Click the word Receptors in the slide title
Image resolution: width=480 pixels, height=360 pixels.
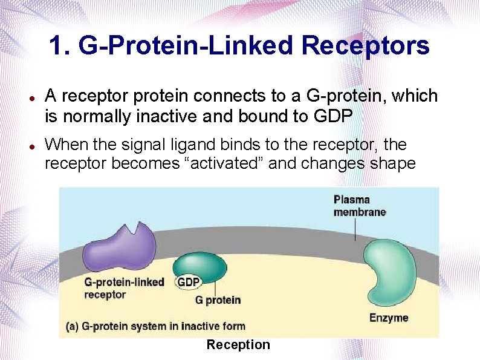pyautogui.click(x=365, y=45)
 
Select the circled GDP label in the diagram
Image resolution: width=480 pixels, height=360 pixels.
pyautogui.click(x=188, y=282)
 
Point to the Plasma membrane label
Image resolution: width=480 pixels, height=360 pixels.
pyautogui.click(x=360, y=205)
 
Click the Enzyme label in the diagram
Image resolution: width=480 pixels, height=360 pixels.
pyautogui.click(x=389, y=317)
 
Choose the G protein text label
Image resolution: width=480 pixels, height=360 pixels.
pyautogui.click(x=218, y=299)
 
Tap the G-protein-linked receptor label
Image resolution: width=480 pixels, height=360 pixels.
pyautogui.click(x=124, y=288)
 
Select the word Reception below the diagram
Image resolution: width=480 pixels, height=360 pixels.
pyautogui.click(x=238, y=345)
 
